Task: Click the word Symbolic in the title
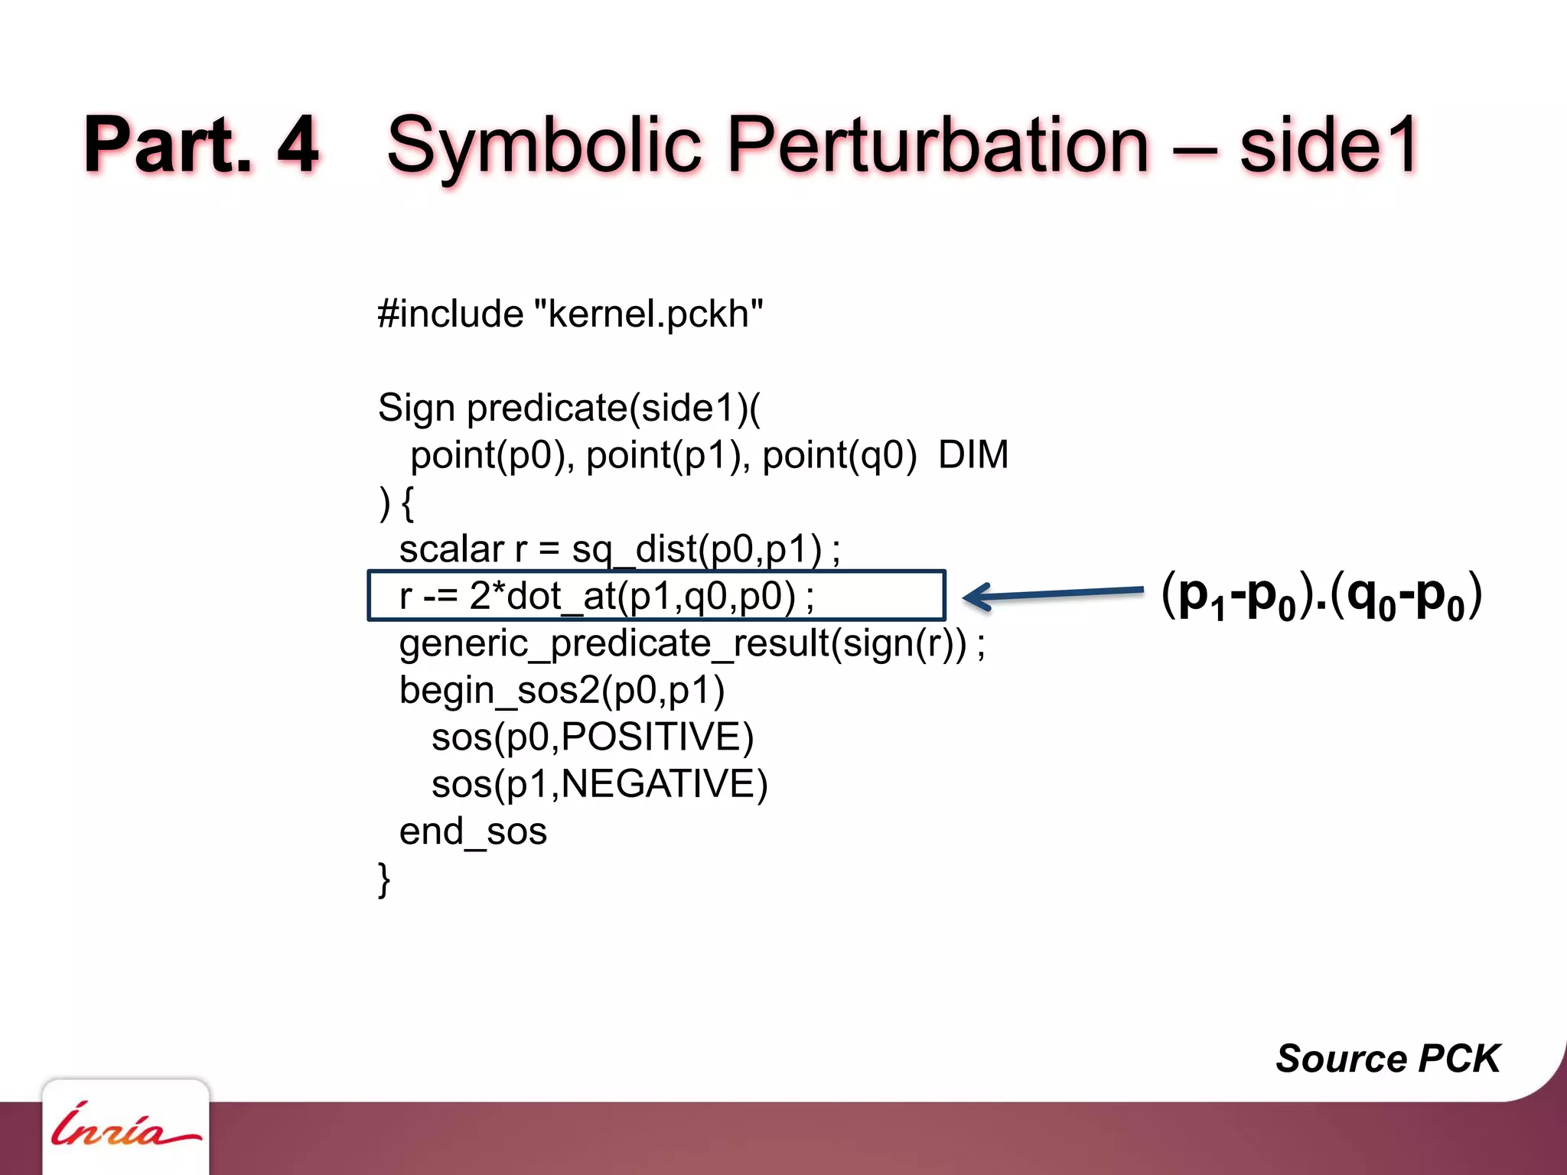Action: [x=544, y=145]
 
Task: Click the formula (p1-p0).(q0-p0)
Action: [x=1321, y=595]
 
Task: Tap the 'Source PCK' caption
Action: [x=1387, y=1059]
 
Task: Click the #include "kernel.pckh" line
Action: [x=570, y=314]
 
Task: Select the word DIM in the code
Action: [x=973, y=455]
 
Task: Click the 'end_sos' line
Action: [x=473, y=832]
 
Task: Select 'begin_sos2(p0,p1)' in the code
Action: [x=562, y=691]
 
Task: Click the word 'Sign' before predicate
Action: [x=416, y=408]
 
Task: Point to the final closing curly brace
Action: [x=384, y=879]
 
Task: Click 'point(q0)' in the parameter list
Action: [x=839, y=455]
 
